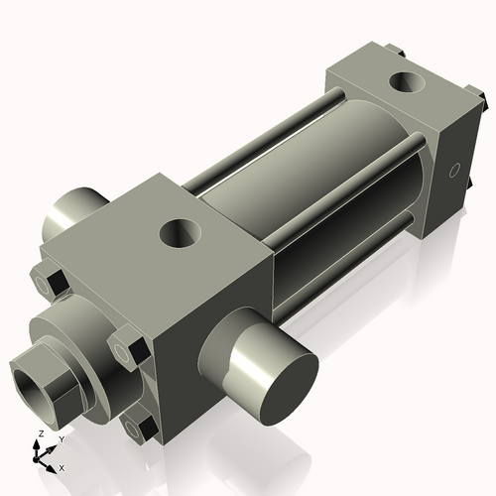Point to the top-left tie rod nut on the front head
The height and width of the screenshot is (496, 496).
(x=52, y=282)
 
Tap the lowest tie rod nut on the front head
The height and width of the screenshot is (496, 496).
(x=142, y=428)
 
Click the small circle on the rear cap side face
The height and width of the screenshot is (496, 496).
(x=456, y=170)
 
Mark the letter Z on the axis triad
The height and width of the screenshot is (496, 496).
(x=39, y=434)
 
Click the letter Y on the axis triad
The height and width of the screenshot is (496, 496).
(x=61, y=437)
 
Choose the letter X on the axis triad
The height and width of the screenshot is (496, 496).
(x=62, y=466)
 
